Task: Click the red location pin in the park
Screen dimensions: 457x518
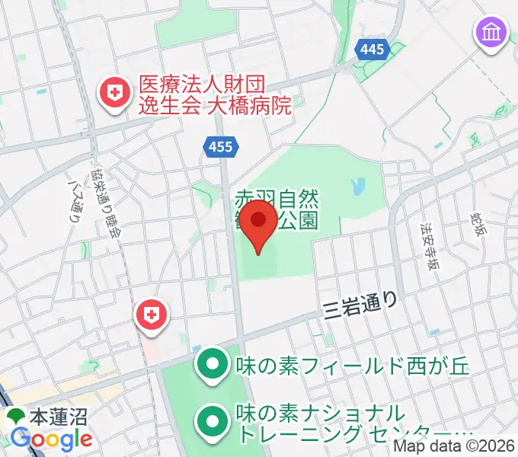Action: (259, 223)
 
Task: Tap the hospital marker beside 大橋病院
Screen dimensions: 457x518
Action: (115, 95)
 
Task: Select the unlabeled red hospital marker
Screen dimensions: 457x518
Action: (152, 315)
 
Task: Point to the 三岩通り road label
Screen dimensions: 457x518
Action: (360, 305)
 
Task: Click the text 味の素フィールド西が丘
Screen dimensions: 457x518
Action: (352, 365)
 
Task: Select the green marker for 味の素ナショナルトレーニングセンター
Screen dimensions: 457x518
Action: (211, 423)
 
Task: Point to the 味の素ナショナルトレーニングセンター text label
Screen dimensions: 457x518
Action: (350, 423)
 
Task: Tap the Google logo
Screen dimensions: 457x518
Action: (51, 439)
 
